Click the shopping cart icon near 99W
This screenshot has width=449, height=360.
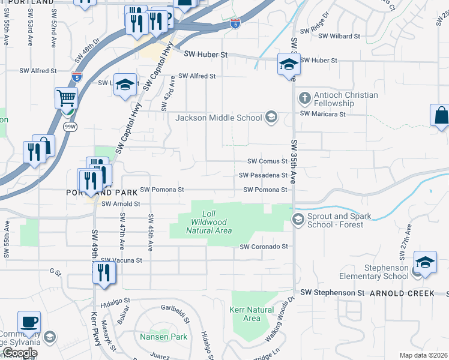click(66, 97)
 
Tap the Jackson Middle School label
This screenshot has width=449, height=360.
click(218, 118)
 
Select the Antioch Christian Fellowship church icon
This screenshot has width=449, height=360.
click(304, 97)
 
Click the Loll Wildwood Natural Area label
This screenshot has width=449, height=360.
click(208, 222)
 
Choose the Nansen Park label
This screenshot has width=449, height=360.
click(164, 337)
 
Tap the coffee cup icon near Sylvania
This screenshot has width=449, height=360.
click(29, 322)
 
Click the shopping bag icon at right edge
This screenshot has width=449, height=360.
click(441, 115)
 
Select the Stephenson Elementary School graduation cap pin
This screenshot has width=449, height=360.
click(425, 263)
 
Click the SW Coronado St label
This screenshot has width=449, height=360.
click(264, 247)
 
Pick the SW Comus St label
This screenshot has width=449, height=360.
click(268, 161)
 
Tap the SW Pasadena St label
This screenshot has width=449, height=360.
click(263, 175)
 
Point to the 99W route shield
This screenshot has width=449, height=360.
click(70, 127)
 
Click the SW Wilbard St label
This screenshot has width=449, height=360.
click(339, 37)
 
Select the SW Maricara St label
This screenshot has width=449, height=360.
click(323, 113)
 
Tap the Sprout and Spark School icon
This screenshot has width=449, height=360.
click(297, 220)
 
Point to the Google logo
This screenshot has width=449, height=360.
click(20, 353)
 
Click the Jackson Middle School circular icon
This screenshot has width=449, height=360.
click(271, 117)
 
